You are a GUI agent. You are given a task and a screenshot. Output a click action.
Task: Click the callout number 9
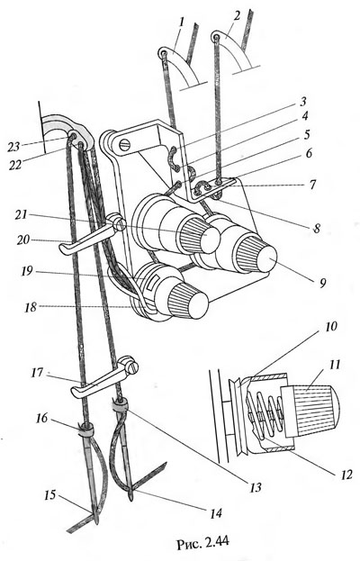click(x=323, y=283)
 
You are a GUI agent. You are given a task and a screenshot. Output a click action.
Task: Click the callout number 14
click(x=215, y=513)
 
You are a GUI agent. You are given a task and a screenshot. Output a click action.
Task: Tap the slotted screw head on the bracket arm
click(x=122, y=145)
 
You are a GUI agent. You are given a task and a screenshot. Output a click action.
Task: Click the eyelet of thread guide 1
click(x=164, y=54)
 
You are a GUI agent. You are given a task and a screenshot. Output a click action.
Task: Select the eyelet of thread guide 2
click(x=216, y=37)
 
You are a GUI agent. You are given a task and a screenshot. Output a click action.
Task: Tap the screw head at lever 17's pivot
click(x=134, y=368)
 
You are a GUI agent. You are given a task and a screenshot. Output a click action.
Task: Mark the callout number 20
click(x=23, y=240)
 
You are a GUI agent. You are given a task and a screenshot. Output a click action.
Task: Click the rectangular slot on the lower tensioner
click(x=151, y=283)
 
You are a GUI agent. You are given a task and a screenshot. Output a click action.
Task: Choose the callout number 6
click(x=308, y=153)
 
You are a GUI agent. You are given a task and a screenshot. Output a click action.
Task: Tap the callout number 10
click(x=331, y=327)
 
